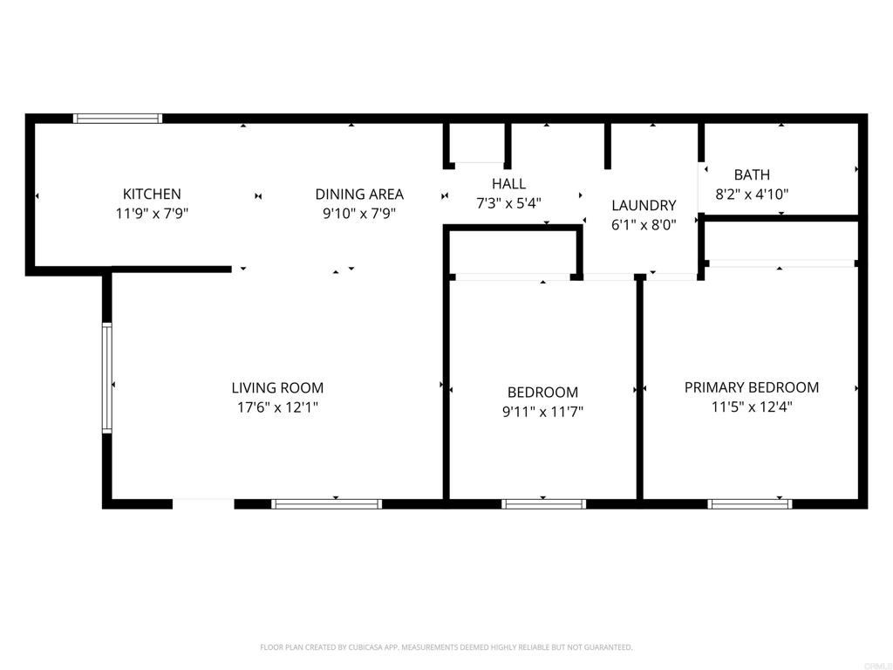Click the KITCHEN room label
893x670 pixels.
[x=152, y=194]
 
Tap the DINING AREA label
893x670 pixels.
[x=359, y=194]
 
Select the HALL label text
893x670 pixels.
[x=508, y=183]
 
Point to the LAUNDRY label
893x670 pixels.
[x=644, y=205]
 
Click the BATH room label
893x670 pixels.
[x=752, y=174]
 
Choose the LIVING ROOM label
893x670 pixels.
[x=277, y=387]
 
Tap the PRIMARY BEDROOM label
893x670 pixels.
[x=752, y=387]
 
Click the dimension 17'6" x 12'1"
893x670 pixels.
[x=277, y=407]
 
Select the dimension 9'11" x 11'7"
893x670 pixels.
[x=542, y=412]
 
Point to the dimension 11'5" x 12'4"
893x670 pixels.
[x=752, y=407]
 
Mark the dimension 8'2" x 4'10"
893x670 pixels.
[x=752, y=195]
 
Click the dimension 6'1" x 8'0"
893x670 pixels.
[x=644, y=224]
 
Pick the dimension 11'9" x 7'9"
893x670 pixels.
[x=152, y=213]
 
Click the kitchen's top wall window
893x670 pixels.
[x=118, y=118]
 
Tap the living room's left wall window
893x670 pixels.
[x=107, y=378]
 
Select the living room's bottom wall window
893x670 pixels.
[x=327, y=503]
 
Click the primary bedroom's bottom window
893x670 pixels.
[x=750, y=503]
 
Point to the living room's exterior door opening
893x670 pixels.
[x=203, y=503]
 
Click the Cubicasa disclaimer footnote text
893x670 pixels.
[x=446, y=647]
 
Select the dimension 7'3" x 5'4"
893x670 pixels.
[x=508, y=202]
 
